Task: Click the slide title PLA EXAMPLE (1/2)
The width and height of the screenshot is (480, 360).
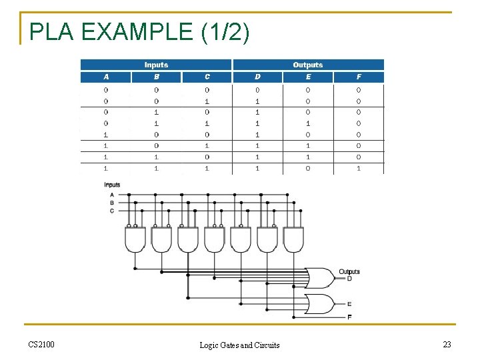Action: point(139,32)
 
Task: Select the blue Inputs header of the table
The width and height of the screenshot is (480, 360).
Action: point(156,65)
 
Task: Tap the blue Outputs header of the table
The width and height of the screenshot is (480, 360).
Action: point(307,65)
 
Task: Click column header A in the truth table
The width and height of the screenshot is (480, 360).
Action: point(106,77)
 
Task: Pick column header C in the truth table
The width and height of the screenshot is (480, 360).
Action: point(207,77)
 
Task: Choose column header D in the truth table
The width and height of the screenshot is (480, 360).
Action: point(257,77)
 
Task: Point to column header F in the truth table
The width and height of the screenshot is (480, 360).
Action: point(359,77)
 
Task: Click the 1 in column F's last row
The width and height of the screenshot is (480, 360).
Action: point(359,168)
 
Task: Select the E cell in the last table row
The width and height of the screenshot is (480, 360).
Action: point(308,168)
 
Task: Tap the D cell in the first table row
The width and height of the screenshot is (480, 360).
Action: point(257,89)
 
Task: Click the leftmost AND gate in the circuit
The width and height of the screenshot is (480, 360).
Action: point(135,239)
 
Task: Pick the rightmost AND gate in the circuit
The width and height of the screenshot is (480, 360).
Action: point(293,239)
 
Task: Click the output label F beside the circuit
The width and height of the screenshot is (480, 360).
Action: point(349,317)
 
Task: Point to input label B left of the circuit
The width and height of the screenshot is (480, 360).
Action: point(111,202)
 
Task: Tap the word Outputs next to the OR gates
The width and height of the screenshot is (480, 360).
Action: point(349,271)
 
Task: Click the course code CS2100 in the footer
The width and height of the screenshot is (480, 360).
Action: point(41,344)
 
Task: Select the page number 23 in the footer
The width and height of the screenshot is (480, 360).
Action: point(446,344)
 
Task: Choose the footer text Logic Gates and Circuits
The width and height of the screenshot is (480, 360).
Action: point(240,345)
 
